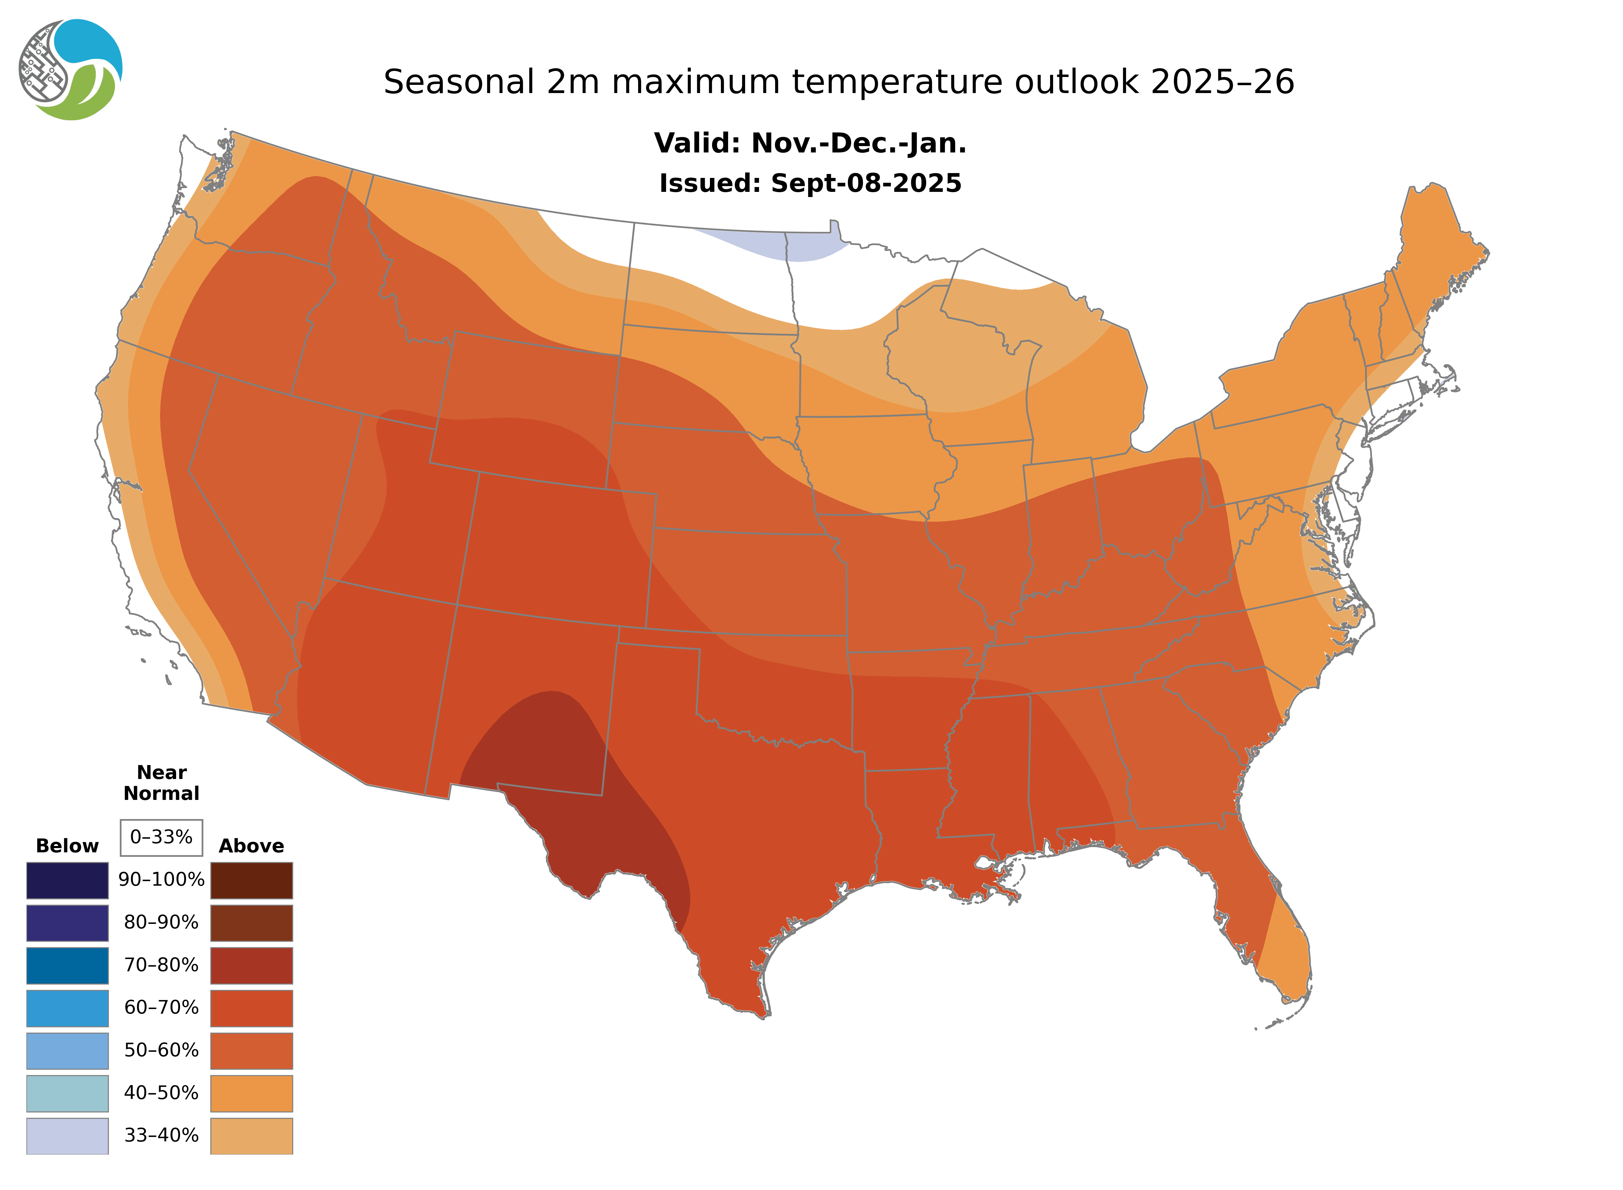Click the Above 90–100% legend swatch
click(x=251, y=880)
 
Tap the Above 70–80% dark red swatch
click(x=251, y=965)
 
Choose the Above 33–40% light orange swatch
click(x=251, y=1135)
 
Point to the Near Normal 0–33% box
click(x=161, y=837)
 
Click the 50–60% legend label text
click(x=161, y=1050)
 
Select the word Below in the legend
click(x=67, y=846)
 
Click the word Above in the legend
click(x=251, y=846)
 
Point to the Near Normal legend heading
click(x=161, y=783)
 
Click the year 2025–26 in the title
click(x=1223, y=82)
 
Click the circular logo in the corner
click(x=71, y=70)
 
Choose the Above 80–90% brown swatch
click(x=251, y=923)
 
